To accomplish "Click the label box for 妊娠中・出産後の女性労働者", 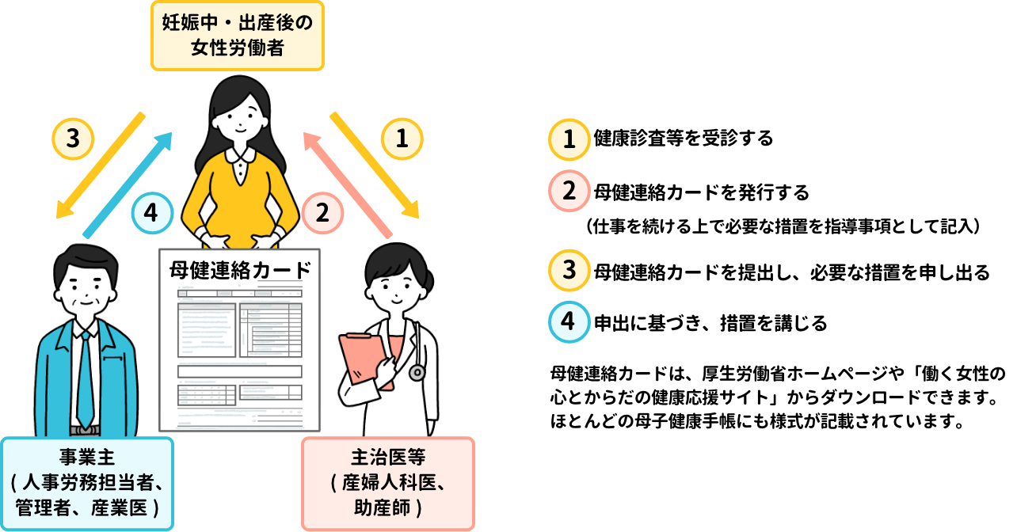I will tap(238, 36).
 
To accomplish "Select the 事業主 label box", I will tap(87, 483).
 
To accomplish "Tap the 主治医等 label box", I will tap(388, 483).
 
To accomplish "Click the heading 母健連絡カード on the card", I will tap(239, 270).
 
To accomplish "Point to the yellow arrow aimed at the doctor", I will tap(375, 165).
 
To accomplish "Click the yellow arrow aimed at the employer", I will tap(101, 165).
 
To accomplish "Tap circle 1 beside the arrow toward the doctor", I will tap(402, 139).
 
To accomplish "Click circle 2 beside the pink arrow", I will tap(322, 213).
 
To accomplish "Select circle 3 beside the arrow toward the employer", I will tap(73, 139).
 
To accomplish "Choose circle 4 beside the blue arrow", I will tap(152, 213).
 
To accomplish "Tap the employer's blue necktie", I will tap(84, 380).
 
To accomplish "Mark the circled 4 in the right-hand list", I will tap(569, 321).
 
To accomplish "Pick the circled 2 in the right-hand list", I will tap(569, 191).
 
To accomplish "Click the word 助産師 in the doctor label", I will tap(382, 508).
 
